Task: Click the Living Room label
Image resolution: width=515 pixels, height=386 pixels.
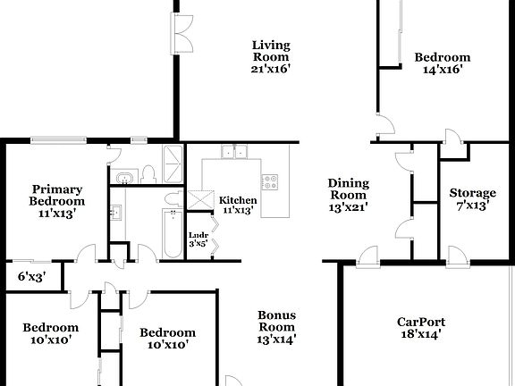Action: (x=270, y=55)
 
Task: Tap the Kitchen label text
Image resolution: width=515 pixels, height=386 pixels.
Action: (x=238, y=205)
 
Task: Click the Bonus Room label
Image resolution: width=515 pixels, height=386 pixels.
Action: (x=276, y=326)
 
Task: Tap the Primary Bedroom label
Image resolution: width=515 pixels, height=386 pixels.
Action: (x=57, y=201)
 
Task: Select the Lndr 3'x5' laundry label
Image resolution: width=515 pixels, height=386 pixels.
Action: (x=198, y=238)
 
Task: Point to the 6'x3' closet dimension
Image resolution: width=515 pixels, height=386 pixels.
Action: (x=29, y=277)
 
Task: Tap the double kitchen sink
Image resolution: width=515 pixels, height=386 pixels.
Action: (x=235, y=153)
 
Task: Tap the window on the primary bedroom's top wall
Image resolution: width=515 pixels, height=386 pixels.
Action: (x=58, y=139)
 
